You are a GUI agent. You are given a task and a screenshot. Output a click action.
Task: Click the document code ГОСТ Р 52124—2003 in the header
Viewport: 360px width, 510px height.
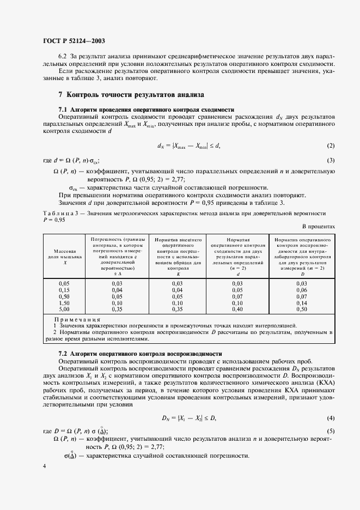coord(74,41)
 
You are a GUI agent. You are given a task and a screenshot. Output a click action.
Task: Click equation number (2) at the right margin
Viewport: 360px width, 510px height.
coord(331,145)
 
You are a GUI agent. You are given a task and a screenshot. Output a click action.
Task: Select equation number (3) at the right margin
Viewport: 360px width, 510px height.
coord(331,161)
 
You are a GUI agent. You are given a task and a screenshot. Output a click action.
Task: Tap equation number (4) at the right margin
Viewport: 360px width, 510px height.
coord(331,418)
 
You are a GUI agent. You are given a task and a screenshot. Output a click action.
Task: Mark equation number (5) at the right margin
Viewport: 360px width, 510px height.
coord(331,431)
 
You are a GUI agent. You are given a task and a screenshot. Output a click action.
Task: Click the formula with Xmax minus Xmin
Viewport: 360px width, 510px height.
coord(188,145)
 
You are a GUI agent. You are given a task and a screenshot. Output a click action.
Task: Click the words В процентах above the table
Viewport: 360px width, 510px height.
coord(318,226)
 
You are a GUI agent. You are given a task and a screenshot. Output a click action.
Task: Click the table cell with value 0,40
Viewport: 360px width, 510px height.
coord(237,309)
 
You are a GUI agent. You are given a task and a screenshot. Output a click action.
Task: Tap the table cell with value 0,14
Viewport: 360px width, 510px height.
coord(301,303)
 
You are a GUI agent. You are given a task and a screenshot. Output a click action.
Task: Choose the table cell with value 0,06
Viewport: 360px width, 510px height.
coord(301,290)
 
